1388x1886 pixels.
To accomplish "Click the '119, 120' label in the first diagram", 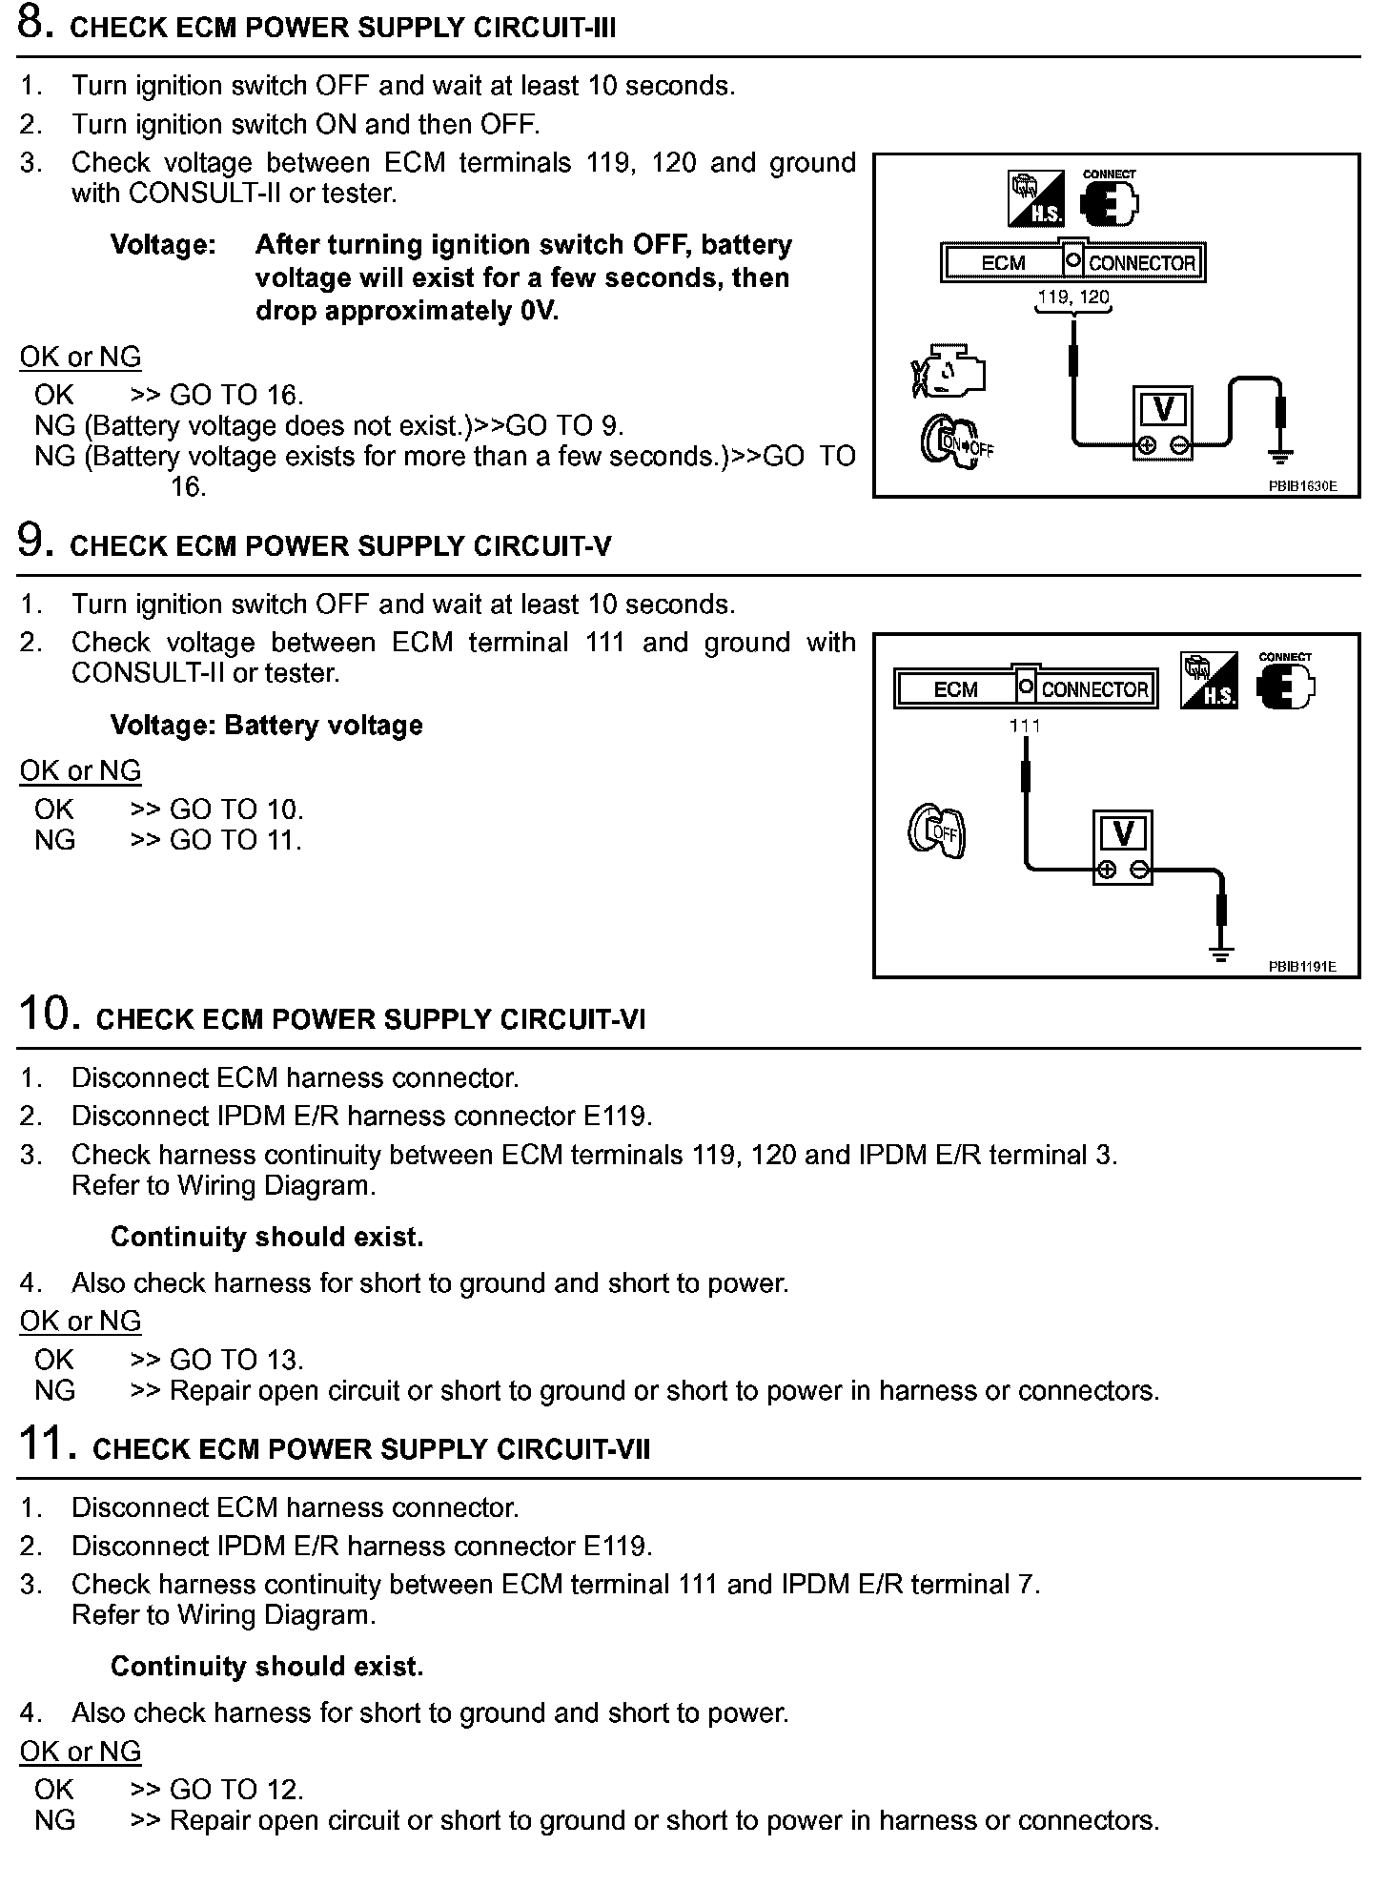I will tap(1073, 297).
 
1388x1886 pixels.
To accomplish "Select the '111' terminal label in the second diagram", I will tap(1025, 726).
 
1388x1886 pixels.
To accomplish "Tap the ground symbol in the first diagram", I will tap(1281, 457).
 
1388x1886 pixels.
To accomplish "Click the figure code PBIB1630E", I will tap(1302, 485).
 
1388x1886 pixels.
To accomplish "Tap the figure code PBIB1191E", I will tap(1302, 966).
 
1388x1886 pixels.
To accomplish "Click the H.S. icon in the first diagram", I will tap(1036, 198).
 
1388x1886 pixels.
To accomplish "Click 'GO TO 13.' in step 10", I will tap(236, 1360).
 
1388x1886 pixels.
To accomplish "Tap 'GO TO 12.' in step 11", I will tap(236, 1790).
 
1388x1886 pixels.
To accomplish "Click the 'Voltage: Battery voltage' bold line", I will tap(267, 726).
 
